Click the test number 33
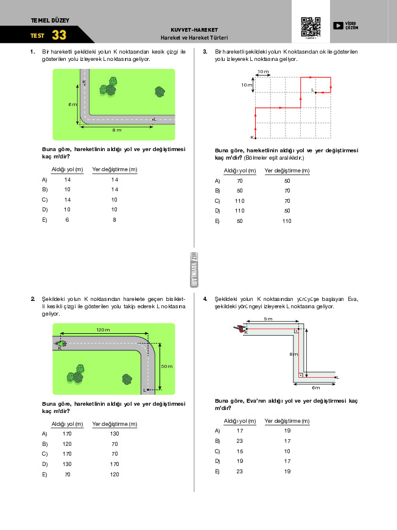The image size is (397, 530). pyautogui.click(x=59, y=35)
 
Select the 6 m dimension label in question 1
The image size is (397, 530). pyautogui.click(x=72, y=104)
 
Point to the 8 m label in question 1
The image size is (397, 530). pyautogui.click(x=116, y=130)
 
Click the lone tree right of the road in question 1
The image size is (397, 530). pyautogui.click(x=160, y=92)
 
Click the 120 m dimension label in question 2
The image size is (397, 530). pyautogui.click(x=102, y=330)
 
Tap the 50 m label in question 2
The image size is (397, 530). pyautogui.click(x=167, y=367)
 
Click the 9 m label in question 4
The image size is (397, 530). pyautogui.click(x=268, y=319)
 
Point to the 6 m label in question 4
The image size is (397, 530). pyautogui.click(x=315, y=387)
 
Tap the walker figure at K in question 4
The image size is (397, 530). pyautogui.click(x=238, y=329)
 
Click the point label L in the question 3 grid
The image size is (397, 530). pyautogui.click(x=312, y=90)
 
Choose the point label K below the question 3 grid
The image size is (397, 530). pyautogui.click(x=251, y=138)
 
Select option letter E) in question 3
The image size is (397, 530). pyautogui.click(x=217, y=221)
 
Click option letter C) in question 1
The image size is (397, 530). pyautogui.click(x=44, y=200)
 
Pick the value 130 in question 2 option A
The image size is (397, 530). pyautogui.click(x=114, y=434)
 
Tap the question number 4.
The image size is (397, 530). pyautogui.click(x=205, y=299)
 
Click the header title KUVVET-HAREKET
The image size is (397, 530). pyautogui.click(x=194, y=30)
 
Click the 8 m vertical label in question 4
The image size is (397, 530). pyautogui.click(x=293, y=354)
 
